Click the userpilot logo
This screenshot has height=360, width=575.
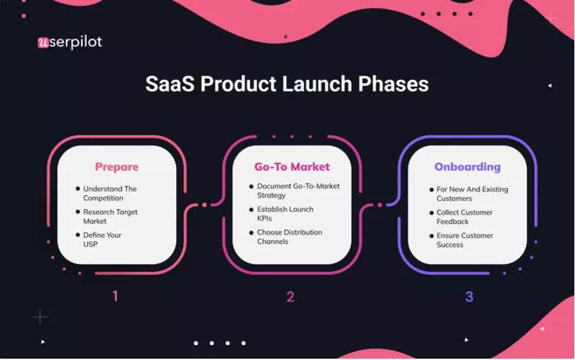tap(69, 42)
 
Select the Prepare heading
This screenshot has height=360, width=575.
tap(116, 167)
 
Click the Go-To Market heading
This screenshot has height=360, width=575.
tap(292, 167)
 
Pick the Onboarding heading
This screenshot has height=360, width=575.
tap(467, 167)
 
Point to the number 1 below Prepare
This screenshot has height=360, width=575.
tap(116, 295)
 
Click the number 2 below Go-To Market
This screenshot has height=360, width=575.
tap(290, 295)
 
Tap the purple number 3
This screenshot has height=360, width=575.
tap(469, 295)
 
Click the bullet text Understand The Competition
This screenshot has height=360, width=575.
tap(110, 193)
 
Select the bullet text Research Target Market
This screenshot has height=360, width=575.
tap(110, 216)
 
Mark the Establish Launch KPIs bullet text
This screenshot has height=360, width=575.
tap(285, 213)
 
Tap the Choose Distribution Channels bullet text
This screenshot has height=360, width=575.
tap(290, 236)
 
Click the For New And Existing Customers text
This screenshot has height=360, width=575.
tap(472, 193)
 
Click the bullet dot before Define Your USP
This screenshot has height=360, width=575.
tap(78, 236)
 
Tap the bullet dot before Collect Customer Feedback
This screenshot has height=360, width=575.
tap(430, 213)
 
